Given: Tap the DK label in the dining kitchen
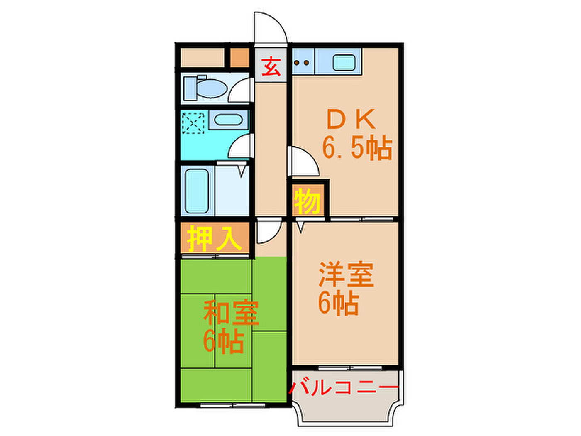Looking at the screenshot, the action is (x=351, y=120).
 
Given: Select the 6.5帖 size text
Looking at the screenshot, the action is (x=357, y=148).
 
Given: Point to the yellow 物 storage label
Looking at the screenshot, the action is (x=308, y=201).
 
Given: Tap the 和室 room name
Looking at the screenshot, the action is (x=231, y=312).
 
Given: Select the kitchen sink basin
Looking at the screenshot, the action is (x=344, y=63).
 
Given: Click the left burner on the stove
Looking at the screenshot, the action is (x=297, y=63).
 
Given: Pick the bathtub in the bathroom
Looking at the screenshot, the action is (x=197, y=191).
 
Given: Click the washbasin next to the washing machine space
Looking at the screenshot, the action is (x=228, y=120).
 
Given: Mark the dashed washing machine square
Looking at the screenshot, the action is (x=193, y=123).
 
